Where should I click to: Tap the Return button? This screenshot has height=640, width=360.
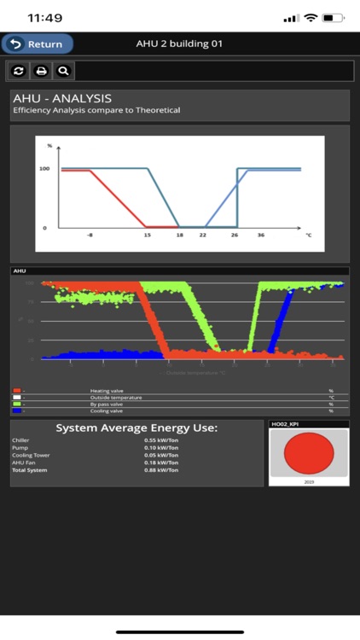pos(38,44)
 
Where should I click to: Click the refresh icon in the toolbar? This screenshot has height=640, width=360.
pos(19,71)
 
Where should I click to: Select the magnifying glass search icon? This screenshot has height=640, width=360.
pos(63,71)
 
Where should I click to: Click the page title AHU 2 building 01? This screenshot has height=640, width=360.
pos(179,44)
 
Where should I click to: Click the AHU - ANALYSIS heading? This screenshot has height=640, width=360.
pos(62,99)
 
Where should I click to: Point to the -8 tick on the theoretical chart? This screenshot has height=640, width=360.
pos(90,235)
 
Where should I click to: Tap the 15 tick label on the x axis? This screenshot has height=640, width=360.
pos(148,235)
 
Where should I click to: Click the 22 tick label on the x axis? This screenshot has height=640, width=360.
pos(204,235)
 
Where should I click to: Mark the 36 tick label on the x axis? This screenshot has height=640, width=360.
pos(261,235)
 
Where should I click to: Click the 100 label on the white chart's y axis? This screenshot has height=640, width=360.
pos(44,169)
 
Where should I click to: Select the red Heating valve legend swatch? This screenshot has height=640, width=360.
pos(17,390)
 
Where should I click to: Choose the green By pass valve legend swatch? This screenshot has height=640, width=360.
pos(17,404)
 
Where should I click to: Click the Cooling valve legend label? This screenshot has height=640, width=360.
pos(106,410)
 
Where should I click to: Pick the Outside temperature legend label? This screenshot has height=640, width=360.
pos(116,397)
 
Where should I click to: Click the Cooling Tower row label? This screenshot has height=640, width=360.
pos(31,455)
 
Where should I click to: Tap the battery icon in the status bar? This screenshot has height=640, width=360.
pos(333,17)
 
